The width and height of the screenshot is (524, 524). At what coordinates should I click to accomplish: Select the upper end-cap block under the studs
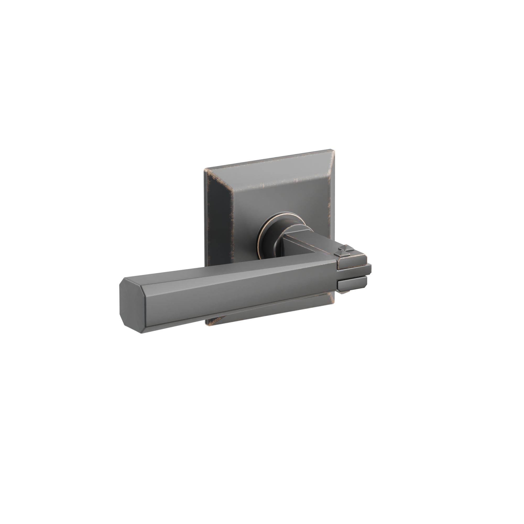[x=351, y=264]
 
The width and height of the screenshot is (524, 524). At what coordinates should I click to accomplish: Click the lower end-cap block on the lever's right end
[x=351, y=283]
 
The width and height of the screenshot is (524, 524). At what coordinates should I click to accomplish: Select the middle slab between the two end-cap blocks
[x=353, y=274]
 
